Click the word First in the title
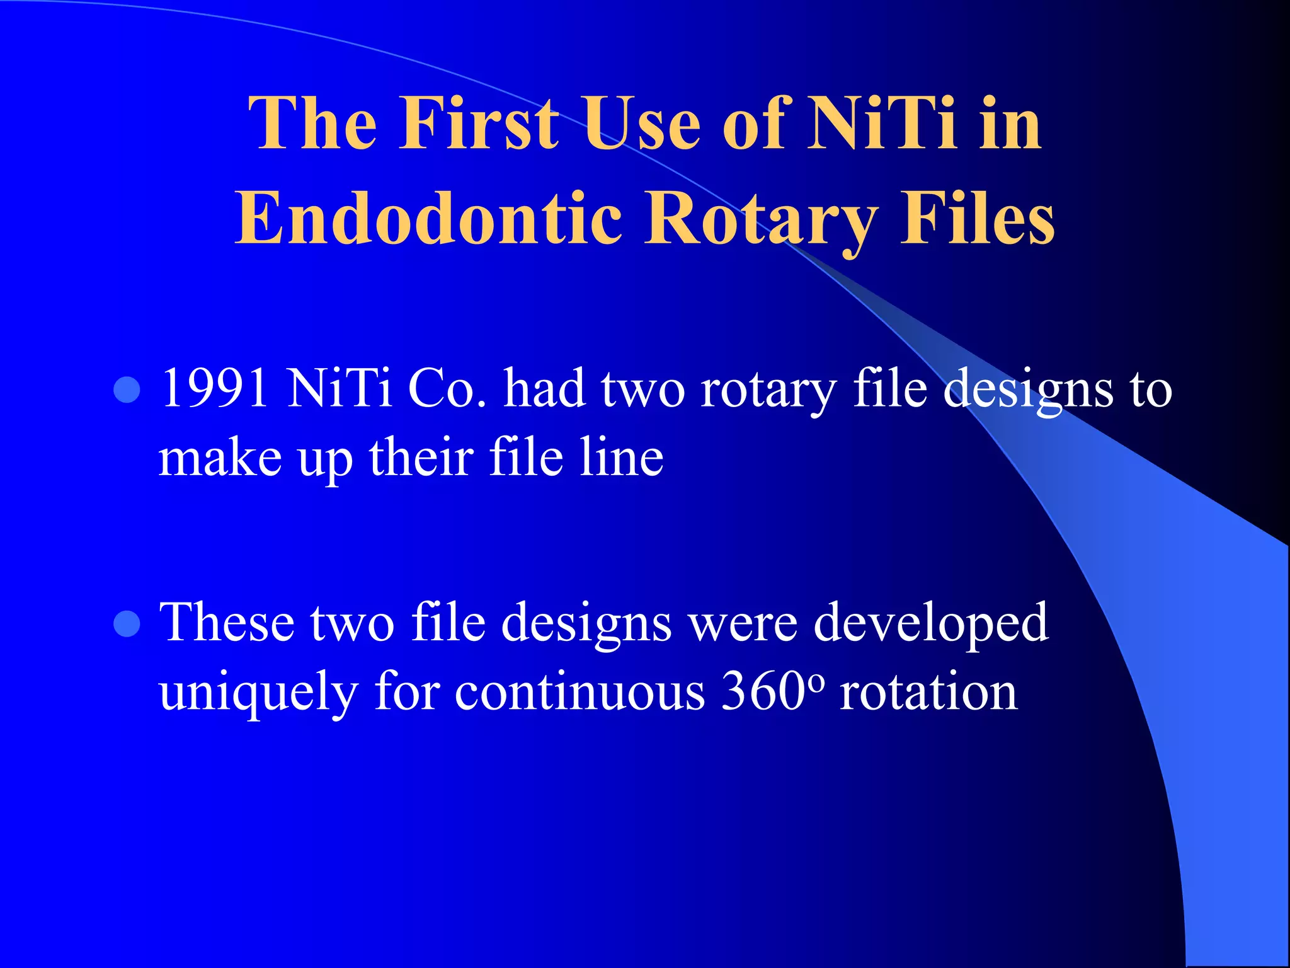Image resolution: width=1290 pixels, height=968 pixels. (479, 124)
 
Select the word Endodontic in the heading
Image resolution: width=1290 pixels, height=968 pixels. (428, 219)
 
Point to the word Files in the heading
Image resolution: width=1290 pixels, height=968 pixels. (977, 219)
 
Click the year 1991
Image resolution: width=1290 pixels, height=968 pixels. (214, 388)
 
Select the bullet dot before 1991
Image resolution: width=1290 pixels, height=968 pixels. (127, 389)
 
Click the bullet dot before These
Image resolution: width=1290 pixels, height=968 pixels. (127, 624)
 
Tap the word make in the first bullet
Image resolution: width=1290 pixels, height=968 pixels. (220, 458)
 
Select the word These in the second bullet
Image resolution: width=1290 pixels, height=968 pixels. (227, 623)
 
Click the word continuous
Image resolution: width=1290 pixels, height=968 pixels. (579, 692)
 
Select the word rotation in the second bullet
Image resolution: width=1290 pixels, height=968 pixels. (929, 692)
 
